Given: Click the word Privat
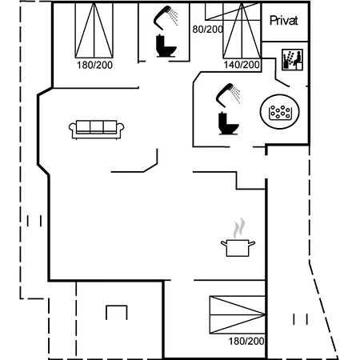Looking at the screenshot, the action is [283, 21].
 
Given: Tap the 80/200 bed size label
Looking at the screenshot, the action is [208, 30].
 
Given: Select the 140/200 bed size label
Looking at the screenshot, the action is [242, 65].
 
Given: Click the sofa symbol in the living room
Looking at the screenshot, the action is [96, 130].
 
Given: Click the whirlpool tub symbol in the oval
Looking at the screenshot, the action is [280, 112].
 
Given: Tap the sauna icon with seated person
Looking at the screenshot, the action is [292, 60].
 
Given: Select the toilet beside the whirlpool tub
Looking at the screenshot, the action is [228, 123].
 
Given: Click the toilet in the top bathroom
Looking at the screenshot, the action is [166, 46].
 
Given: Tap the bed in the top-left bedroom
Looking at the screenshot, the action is [94, 30].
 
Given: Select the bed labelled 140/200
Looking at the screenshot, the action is [242, 30].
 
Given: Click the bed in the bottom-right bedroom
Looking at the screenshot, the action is [238, 314].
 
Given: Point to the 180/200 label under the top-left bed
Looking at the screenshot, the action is [94, 65].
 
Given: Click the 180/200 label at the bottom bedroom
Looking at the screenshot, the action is [246, 341].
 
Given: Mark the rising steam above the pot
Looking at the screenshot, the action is [239, 228].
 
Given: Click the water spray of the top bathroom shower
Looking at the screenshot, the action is [174, 17].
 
